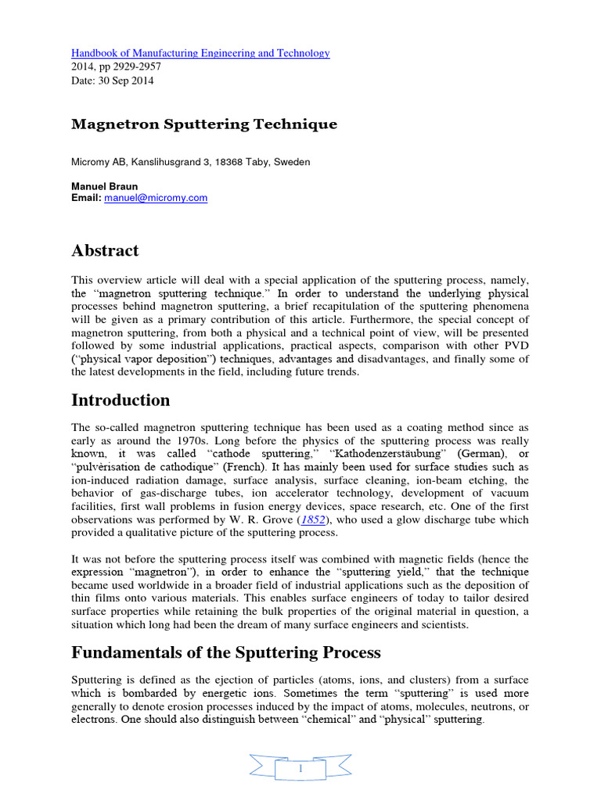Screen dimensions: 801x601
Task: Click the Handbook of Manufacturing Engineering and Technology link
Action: coord(200,53)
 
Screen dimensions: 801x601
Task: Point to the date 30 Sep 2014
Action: coord(125,81)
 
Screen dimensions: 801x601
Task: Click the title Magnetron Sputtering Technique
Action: coord(204,124)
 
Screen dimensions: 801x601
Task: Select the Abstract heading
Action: coord(105,251)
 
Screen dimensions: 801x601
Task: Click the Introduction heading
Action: coord(121,400)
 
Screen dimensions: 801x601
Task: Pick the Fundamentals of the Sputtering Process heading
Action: coord(226,652)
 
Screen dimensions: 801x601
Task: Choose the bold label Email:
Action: coord(86,199)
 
